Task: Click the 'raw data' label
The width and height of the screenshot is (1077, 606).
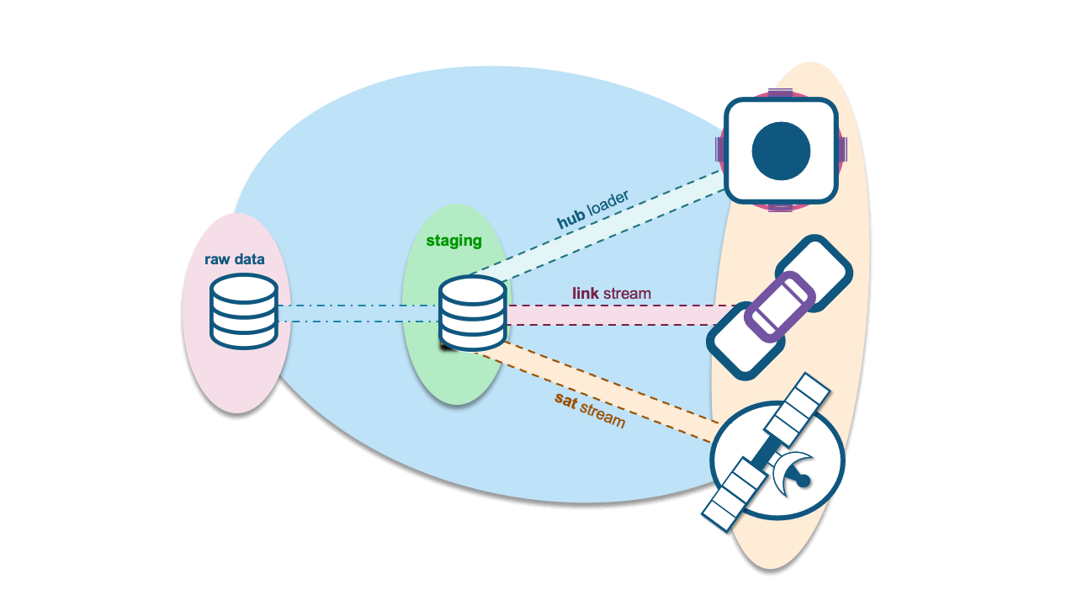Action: [235, 259]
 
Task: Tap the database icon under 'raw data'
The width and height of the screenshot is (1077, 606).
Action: [244, 311]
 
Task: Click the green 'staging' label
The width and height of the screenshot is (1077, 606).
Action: [454, 241]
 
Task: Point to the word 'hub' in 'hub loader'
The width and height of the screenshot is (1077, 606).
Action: [570, 221]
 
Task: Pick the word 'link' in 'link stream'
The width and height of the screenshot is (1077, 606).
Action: [585, 294]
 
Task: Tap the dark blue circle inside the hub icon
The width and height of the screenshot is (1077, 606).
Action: [781, 151]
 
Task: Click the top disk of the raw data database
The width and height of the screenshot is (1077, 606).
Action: [244, 287]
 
